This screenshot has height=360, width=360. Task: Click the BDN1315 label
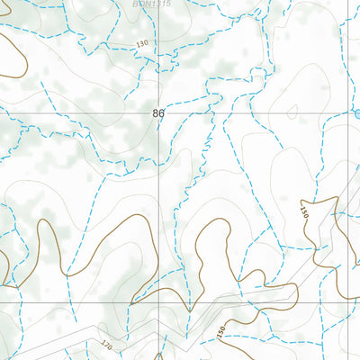[x=151, y=4]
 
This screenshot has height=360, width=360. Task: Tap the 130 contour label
[x=141, y=44]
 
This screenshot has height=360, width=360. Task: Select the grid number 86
[x=158, y=113]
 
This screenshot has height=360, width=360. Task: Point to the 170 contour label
[x=107, y=344]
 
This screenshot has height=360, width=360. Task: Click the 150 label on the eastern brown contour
[x=304, y=213]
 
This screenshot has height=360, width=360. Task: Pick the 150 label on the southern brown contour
[x=222, y=332]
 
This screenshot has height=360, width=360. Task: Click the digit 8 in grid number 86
[x=156, y=113]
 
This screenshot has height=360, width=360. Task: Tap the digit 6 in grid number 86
[x=161, y=113]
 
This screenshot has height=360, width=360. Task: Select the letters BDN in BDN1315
[x=140, y=4]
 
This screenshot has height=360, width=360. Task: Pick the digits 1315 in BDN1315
[x=160, y=4]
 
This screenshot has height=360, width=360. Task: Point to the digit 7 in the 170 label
[x=107, y=344]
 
